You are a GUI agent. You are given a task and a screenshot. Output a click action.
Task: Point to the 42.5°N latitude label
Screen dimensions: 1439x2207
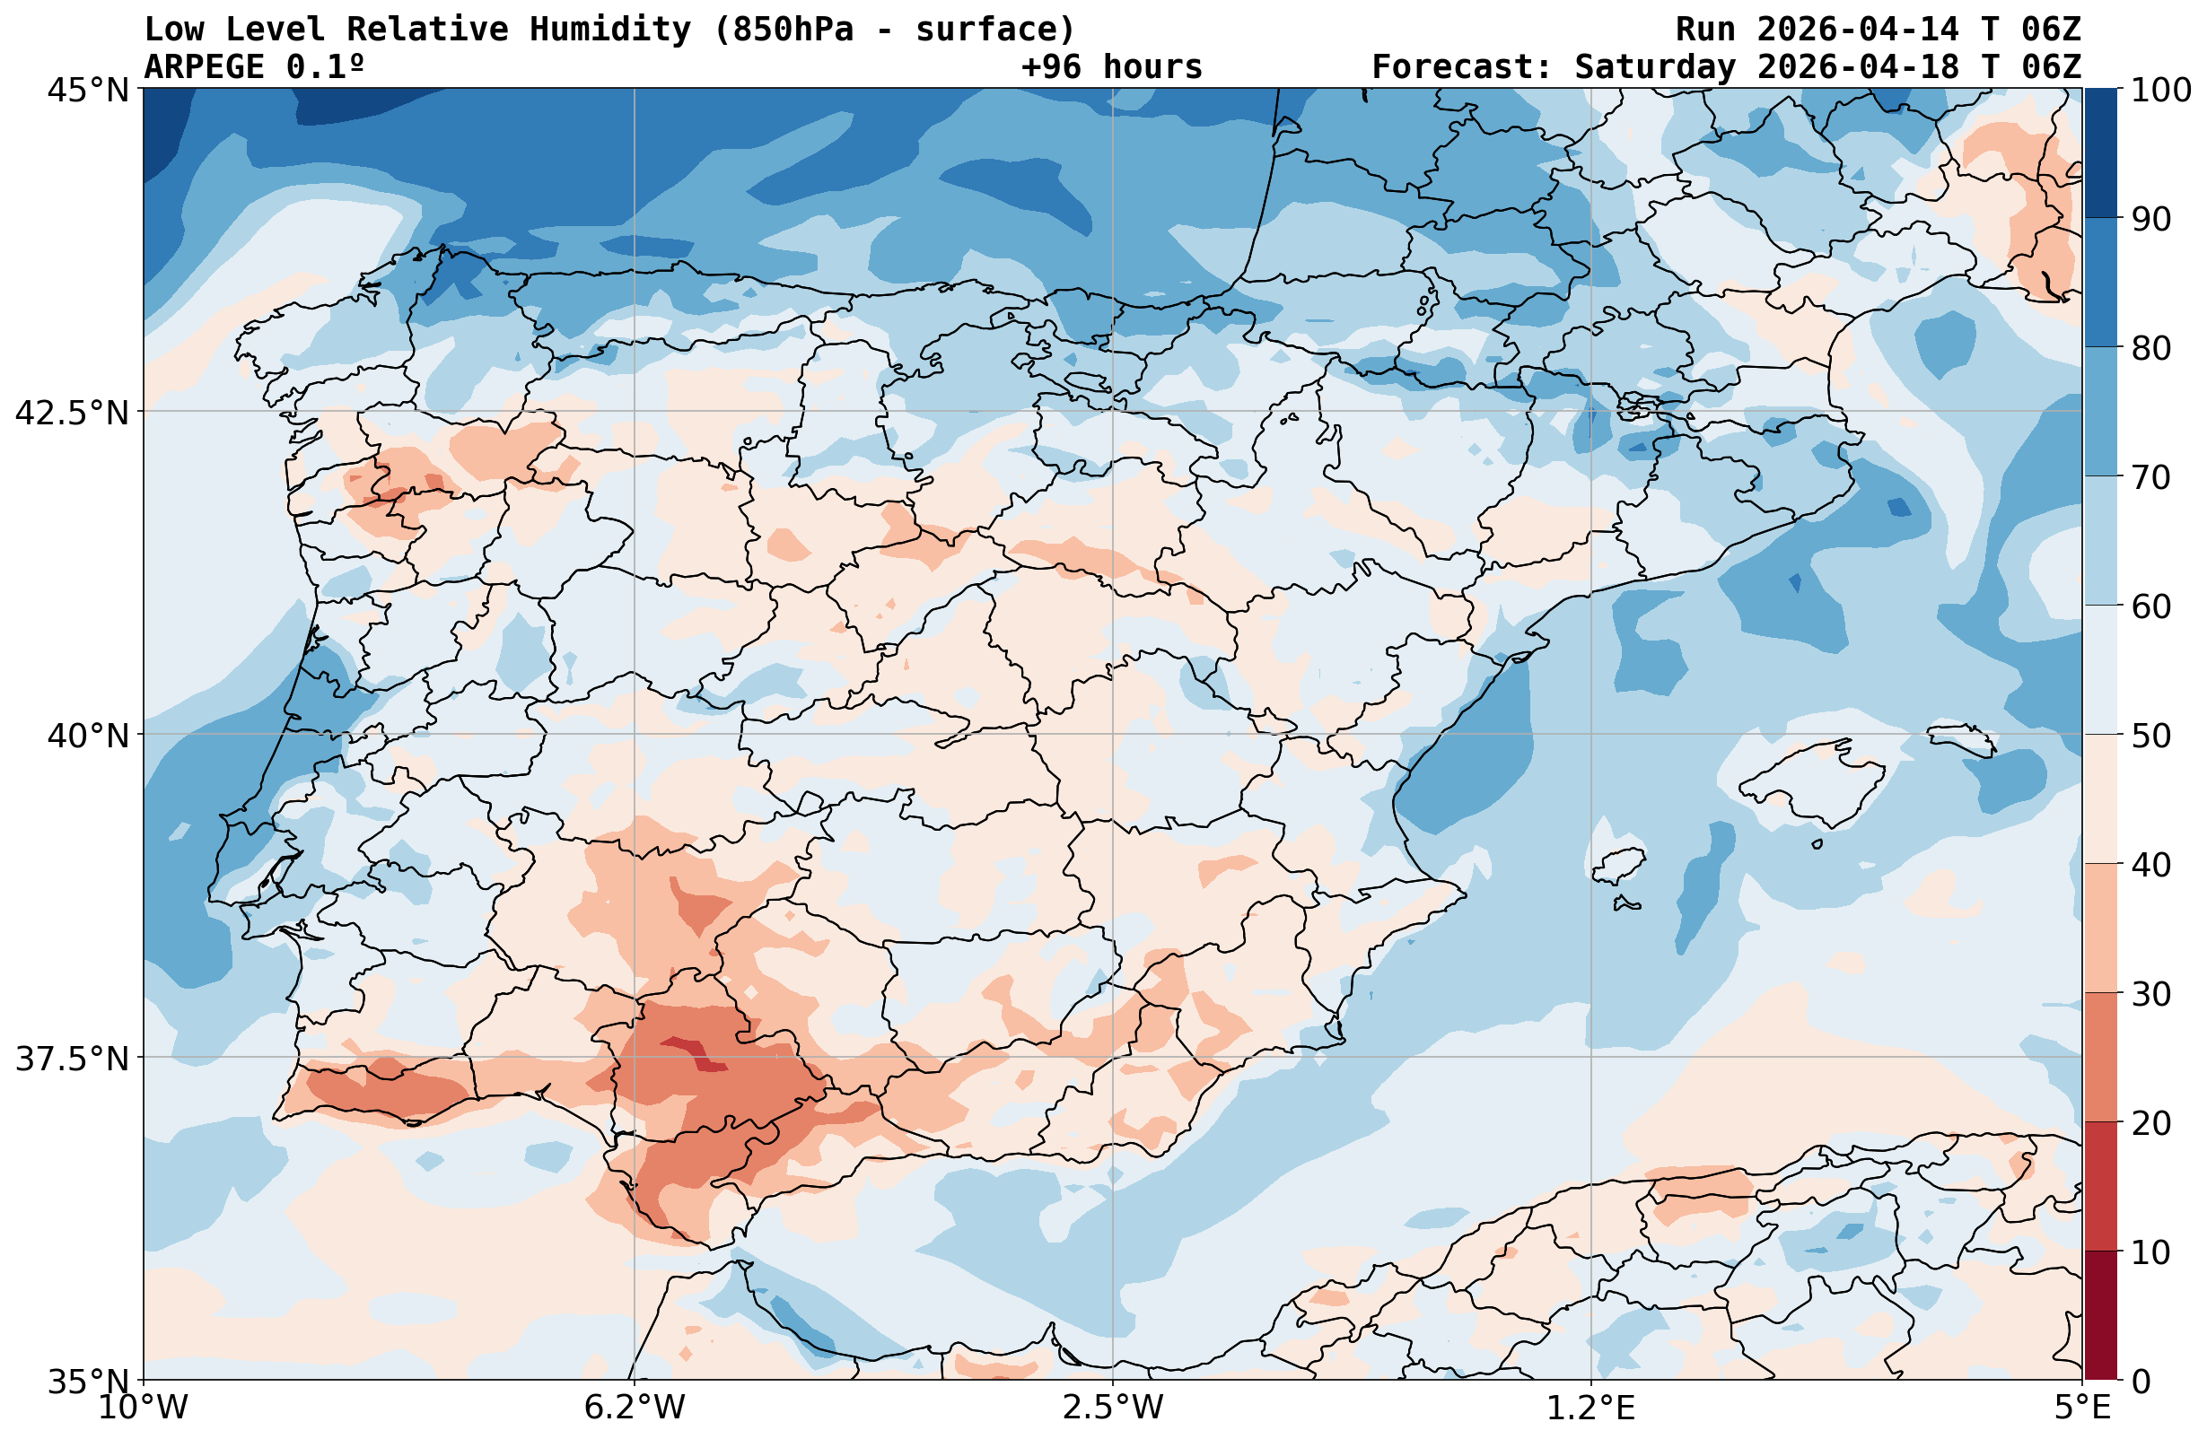pos(72,412)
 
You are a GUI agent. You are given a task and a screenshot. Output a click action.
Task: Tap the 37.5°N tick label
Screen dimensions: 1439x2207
pos(72,1058)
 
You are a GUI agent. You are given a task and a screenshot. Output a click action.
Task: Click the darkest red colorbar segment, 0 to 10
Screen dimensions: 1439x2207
pos(2100,1316)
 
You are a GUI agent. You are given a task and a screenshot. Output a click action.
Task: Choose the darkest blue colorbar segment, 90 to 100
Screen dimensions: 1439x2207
pos(2100,153)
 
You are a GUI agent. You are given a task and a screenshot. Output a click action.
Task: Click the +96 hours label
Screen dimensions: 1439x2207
pos(1111,66)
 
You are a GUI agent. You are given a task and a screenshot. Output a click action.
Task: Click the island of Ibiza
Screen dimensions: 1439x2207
pos(1618,866)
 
